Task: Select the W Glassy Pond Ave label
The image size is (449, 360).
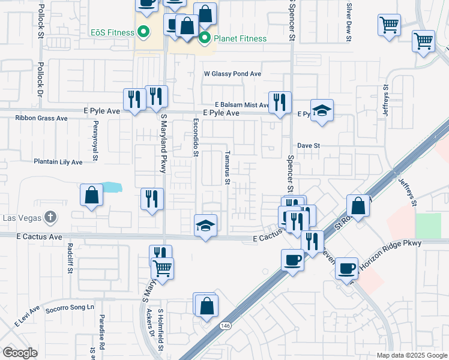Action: (x=232, y=74)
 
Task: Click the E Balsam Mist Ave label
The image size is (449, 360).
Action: (x=242, y=105)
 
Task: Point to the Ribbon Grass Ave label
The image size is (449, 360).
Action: (x=41, y=118)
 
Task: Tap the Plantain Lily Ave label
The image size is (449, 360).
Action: (x=58, y=162)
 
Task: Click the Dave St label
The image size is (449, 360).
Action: (x=309, y=146)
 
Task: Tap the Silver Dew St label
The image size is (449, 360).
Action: (x=349, y=22)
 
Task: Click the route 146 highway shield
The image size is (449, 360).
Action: (x=225, y=326)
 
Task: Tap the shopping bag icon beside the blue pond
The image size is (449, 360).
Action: (x=91, y=195)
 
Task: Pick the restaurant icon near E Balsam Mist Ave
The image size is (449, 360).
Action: (x=280, y=102)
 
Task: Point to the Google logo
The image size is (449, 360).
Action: (x=20, y=353)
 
